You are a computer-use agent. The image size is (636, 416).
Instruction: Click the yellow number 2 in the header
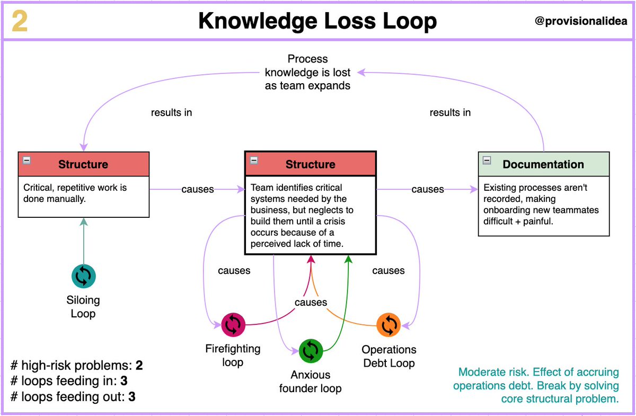pos(20,21)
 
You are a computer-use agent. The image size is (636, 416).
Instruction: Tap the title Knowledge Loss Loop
pos(317,21)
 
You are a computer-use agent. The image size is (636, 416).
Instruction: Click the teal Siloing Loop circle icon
pos(84,276)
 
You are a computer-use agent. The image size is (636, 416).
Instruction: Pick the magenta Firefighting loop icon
pos(233,325)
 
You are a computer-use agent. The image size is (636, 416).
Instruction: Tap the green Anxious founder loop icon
pos(311,351)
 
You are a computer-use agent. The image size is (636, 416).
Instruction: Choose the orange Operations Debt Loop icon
pos(389,325)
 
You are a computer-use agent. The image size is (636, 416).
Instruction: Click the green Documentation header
pos(543,164)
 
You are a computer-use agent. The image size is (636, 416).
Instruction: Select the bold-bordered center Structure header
pos(310,164)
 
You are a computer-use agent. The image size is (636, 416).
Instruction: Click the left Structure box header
pos(83,164)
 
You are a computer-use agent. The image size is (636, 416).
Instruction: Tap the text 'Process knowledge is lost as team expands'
pos(307,72)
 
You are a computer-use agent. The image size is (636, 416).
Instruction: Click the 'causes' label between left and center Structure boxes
pos(197,189)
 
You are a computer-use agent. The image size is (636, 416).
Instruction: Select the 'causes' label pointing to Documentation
pos(427,189)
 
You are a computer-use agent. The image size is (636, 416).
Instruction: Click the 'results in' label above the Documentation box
pos(450,112)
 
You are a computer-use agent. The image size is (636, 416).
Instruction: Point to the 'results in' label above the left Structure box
pos(171,112)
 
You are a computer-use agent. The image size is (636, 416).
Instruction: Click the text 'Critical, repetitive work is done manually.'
pos(75,193)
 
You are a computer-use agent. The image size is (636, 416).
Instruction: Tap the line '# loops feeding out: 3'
pos(73,396)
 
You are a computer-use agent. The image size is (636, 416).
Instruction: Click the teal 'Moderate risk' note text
pos(536,385)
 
